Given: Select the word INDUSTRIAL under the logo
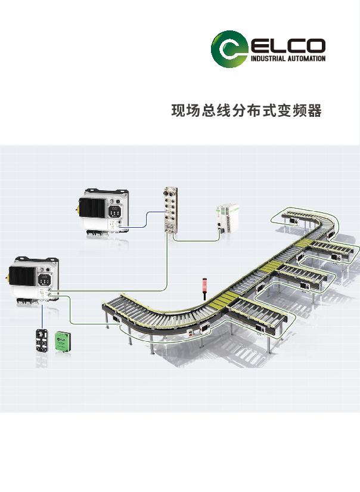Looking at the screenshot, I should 269,59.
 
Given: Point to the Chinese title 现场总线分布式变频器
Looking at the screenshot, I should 246,111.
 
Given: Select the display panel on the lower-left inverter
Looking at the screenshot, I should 45,279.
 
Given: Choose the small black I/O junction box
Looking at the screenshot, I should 44,342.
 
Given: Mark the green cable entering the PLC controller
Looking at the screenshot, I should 197,240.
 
